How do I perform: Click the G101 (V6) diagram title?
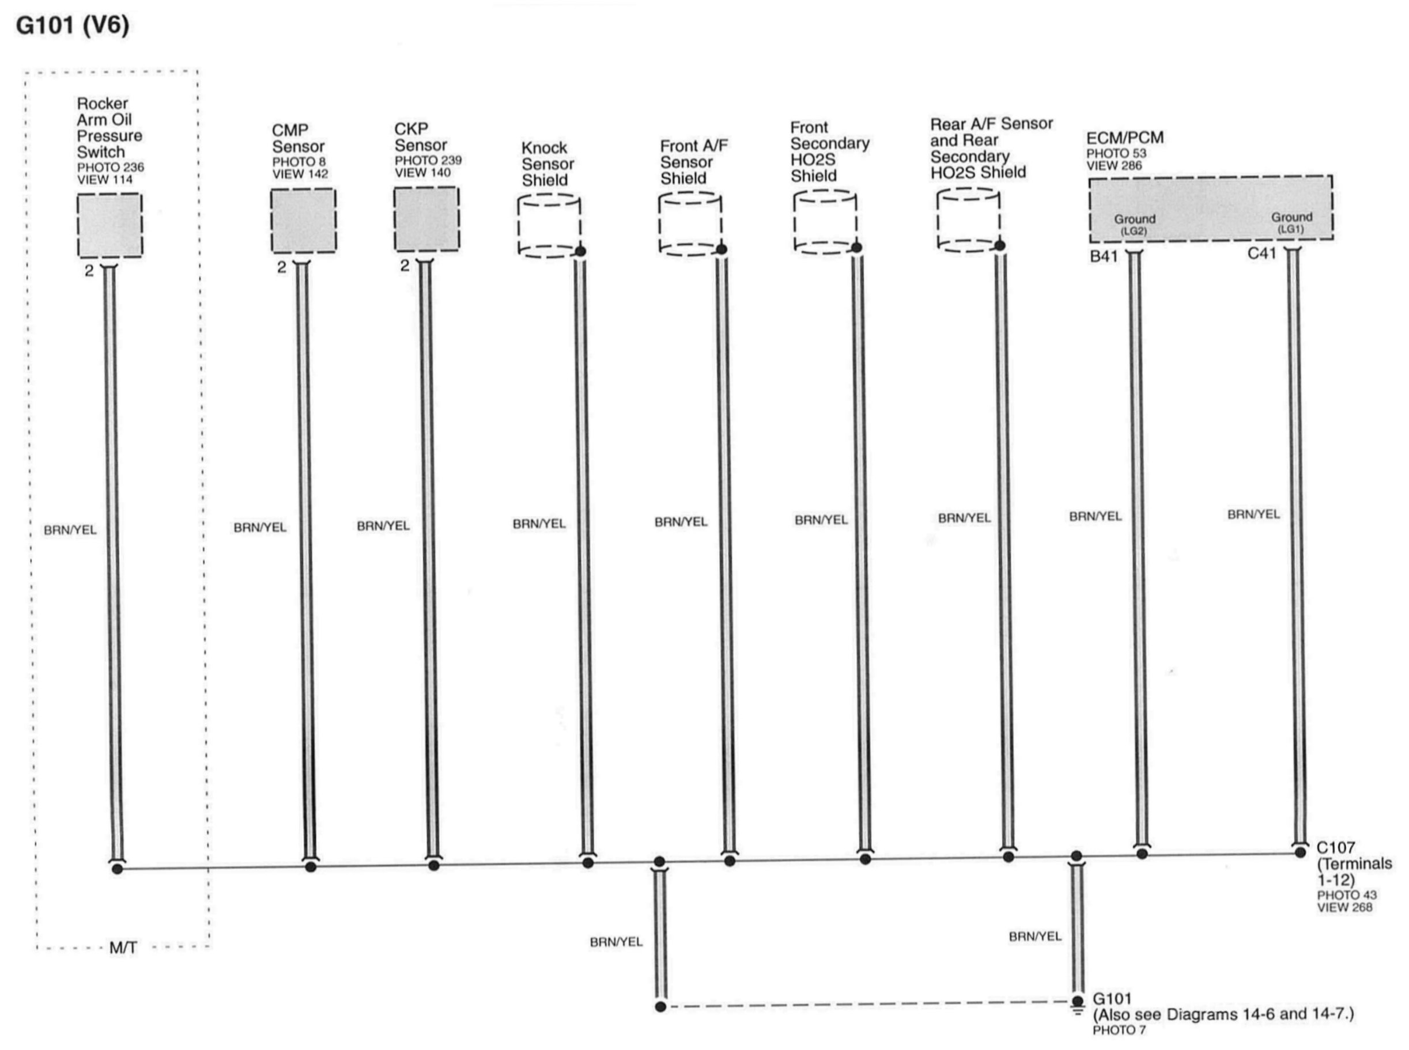click(73, 26)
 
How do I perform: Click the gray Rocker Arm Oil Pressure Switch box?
click(109, 226)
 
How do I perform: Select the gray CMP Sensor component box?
click(303, 221)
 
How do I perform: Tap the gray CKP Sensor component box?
click(426, 219)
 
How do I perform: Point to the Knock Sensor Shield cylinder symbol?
click(549, 226)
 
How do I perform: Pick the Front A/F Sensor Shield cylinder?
click(690, 223)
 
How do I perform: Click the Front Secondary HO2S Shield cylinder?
click(825, 222)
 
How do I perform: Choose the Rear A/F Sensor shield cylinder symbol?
click(968, 220)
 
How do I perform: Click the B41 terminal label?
click(1104, 257)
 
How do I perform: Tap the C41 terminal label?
click(1261, 253)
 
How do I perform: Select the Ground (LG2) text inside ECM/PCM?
click(1134, 223)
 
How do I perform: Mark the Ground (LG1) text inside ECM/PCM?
click(1291, 222)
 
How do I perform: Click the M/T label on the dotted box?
click(123, 948)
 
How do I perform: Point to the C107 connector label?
click(1335, 848)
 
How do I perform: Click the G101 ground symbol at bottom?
click(1077, 1003)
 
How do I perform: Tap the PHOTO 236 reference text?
click(111, 167)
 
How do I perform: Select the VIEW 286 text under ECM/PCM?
click(1114, 166)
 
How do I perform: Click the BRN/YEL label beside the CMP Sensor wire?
click(260, 528)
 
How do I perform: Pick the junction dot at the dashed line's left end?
click(660, 1007)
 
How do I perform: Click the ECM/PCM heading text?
click(1125, 138)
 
